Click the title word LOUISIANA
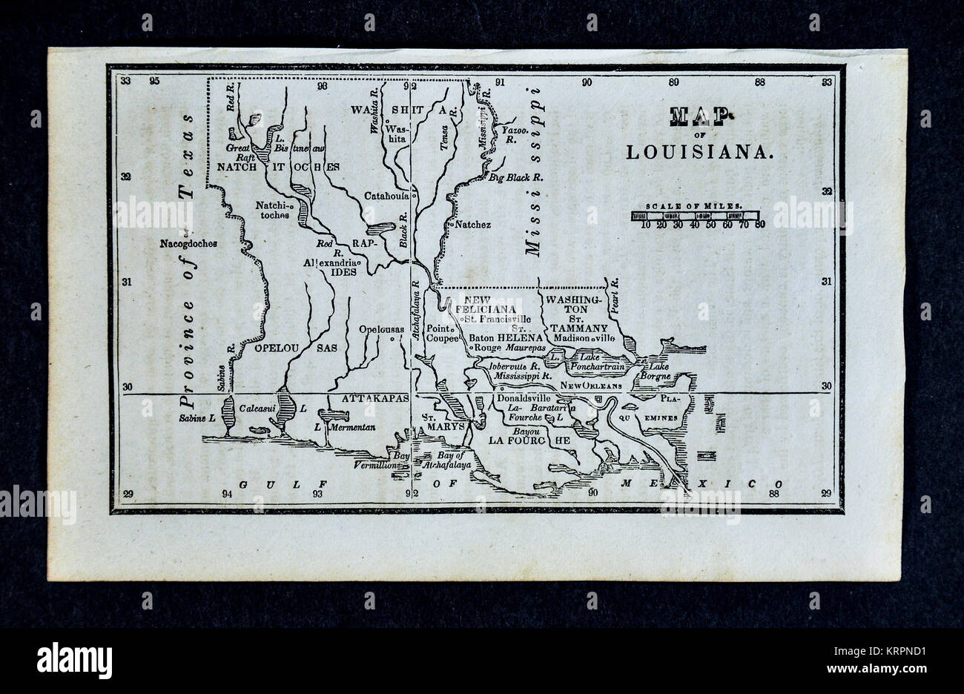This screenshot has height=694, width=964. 701,152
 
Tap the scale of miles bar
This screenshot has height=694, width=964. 696,216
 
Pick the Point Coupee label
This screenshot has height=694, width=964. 443,332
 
